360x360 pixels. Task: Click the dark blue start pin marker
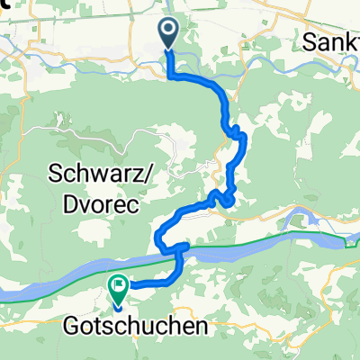(168, 34)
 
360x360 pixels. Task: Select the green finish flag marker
(118, 286)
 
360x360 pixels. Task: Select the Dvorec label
(97, 205)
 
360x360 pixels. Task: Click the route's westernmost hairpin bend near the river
(158, 239)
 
